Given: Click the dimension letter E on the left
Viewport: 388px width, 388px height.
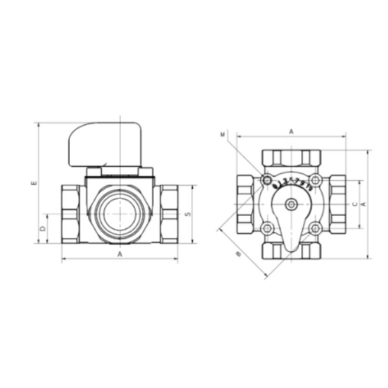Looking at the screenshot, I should [34, 183].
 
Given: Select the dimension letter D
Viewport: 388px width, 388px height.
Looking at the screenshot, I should [42, 229].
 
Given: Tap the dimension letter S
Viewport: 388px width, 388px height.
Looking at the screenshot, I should [187, 212].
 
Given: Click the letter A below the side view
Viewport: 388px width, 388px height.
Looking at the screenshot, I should [119, 253].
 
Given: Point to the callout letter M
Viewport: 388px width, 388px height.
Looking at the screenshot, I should [222, 133].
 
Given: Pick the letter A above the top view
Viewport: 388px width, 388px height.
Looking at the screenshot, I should [291, 131].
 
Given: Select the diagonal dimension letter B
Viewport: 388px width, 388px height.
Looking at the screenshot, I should [238, 254].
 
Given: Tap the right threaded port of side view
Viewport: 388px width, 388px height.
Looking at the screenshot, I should [168, 212].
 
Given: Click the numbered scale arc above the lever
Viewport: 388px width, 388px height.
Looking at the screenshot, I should [291, 185].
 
